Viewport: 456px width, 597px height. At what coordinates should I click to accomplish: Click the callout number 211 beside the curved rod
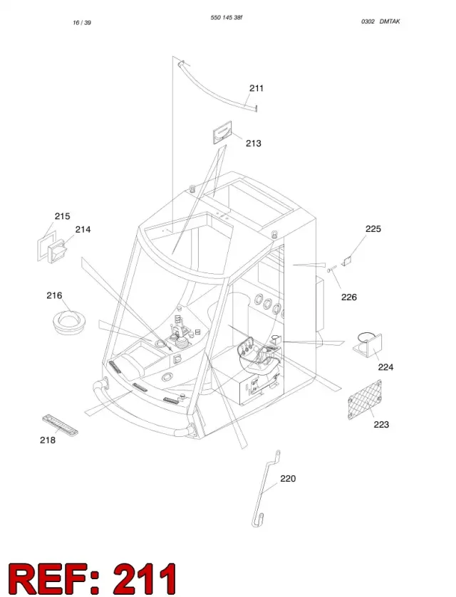[256, 88]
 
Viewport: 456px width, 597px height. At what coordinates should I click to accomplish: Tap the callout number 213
[253, 144]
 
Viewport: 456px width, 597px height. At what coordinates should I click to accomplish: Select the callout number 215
[62, 216]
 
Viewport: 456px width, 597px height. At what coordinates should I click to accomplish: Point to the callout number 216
[54, 295]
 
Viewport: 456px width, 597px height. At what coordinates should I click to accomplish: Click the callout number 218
[48, 440]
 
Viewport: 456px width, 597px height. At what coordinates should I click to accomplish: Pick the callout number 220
[288, 479]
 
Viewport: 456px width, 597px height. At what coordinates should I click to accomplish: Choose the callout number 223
[381, 425]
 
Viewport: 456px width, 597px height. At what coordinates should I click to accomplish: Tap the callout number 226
[349, 297]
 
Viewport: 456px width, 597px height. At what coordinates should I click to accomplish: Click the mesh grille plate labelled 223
[365, 400]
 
